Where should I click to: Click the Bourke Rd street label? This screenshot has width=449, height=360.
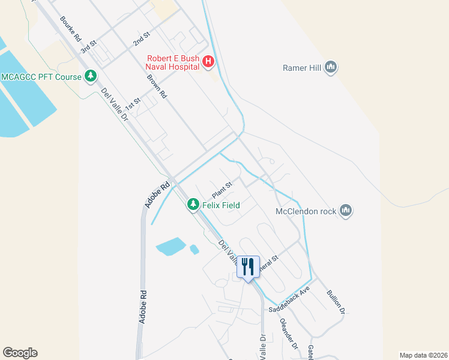pos(70,29)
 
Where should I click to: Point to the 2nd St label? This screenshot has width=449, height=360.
pos(141,40)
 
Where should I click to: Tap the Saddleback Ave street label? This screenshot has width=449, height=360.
pos(289,298)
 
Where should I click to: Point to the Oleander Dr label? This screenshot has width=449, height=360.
pos(288,333)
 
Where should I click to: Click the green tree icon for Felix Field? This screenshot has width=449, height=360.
pos(193,205)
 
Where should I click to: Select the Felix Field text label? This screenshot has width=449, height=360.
pos(220,205)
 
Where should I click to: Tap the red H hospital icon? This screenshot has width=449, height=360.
pos(208,61)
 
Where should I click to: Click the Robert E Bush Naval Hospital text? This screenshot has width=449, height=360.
pos(173,62)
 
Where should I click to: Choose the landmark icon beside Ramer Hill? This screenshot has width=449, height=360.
pos(330,68)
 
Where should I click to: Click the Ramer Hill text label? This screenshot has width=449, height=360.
pos(303,68)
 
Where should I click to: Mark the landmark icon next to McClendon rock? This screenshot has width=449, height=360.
pos(345,211)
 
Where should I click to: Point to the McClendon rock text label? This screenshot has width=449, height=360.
pos(306,211)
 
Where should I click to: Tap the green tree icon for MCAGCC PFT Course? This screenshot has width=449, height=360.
pos(91,76)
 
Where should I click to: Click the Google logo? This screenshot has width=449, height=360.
pos(20,353)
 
